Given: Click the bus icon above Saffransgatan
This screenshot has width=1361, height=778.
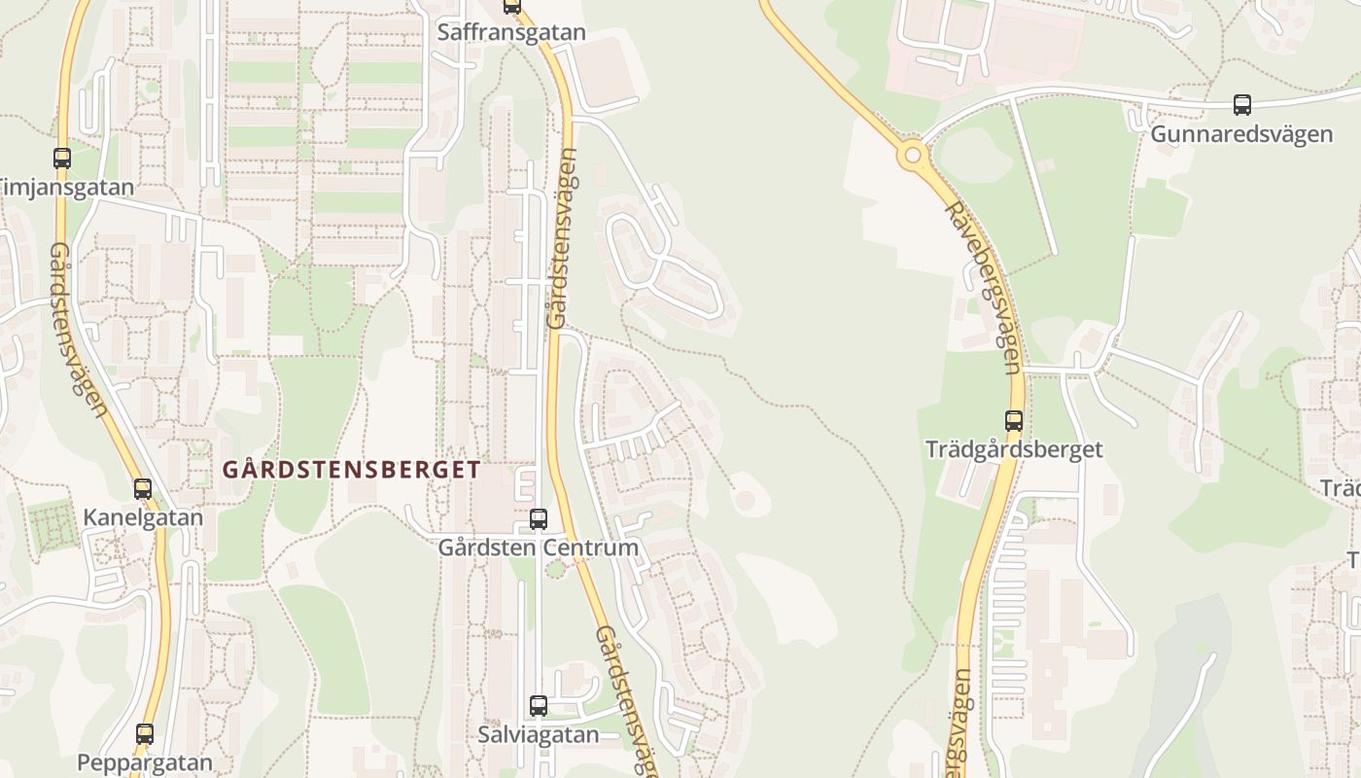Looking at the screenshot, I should click(x=512, y=7).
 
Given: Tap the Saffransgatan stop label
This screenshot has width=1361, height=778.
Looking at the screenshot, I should click(x=511, y=32).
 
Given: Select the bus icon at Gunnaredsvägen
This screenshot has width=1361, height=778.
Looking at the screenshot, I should click(x=1241, y=105).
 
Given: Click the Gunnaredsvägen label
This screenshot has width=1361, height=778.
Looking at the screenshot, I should click(x=1241, y=134).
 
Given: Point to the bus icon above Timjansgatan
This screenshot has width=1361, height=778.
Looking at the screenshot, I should click(x=62, y=158).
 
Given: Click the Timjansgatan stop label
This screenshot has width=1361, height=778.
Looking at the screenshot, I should click(x=66, y=187).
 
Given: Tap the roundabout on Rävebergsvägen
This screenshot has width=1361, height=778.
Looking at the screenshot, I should click(x=912, y=154).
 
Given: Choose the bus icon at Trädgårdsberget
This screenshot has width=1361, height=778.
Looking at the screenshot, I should click(x=1014, y=421).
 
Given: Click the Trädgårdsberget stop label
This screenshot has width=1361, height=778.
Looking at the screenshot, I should click(x=1014, y=449).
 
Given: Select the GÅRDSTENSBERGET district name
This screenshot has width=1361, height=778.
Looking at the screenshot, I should click(x=352, y=470).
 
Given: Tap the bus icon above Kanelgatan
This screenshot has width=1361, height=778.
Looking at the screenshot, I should click(x=143, y=488).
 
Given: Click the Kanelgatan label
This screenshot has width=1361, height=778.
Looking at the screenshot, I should click(x=143, y=517).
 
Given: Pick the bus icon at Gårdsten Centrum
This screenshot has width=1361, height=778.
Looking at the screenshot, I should click(x=539, y=519).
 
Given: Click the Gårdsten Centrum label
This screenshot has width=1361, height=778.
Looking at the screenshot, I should click(x=539, y=548).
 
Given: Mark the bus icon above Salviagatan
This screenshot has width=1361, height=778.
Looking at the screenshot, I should click(x=539, y=706).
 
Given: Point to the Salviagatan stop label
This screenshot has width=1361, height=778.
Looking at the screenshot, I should click(x=539, y=734).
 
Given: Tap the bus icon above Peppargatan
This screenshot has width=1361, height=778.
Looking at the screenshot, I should click(x=145, y=734).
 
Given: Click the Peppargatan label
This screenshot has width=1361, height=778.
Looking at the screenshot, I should click(x=145, y=762).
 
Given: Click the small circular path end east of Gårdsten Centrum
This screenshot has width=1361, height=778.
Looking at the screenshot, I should click(x=746, y=500).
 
